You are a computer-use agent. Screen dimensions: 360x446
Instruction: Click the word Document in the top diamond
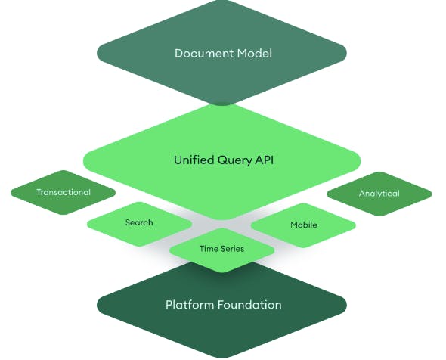click(x=199, y=53)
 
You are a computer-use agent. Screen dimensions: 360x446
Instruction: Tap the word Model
click(x=250, y=53)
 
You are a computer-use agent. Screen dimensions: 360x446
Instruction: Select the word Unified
click(x=191, y=160)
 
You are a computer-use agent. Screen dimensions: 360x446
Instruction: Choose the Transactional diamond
click(x=63, y=192)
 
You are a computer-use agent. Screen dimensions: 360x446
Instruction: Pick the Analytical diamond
click(x=379, y=194)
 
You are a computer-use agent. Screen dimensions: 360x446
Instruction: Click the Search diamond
click(x=139, y=222)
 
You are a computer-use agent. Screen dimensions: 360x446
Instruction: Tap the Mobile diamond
click(x=303, y=225)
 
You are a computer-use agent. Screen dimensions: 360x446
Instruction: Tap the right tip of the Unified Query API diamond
click(x=361, y=160)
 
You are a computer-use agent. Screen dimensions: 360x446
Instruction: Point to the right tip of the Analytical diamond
click(x=431, y=194)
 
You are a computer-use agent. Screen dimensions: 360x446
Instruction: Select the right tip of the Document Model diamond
click(x=345, y=53)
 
